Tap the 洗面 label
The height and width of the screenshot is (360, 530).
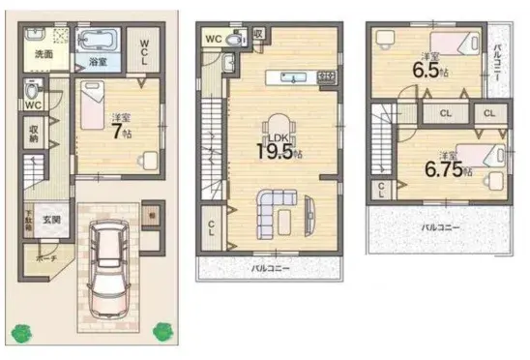pos(44,54)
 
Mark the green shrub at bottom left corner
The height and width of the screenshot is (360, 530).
pos(21,332)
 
